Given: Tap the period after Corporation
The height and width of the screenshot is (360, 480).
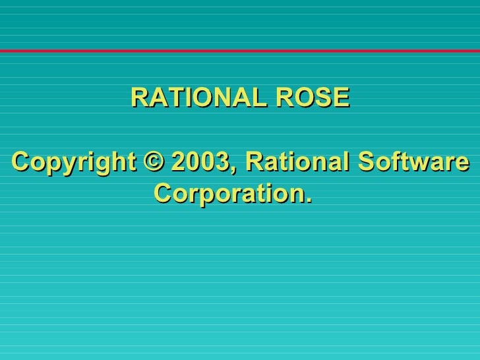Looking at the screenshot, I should [307, 200].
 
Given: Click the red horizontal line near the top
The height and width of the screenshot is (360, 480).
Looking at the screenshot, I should [240, 51].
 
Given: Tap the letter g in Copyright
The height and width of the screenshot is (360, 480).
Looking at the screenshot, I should [86, 164].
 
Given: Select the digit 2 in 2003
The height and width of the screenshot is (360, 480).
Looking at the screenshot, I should [177, 162].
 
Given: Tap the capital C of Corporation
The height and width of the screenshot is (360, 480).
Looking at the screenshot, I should [163, 194].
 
